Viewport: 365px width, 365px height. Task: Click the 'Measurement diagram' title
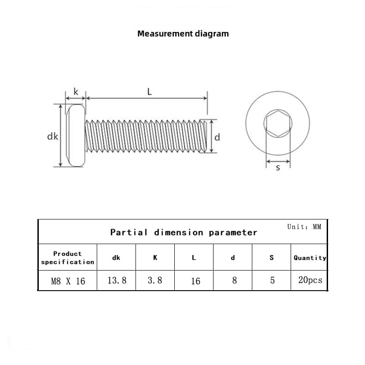(x=183, y=33)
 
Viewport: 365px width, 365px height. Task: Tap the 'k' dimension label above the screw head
(x=76, y=92)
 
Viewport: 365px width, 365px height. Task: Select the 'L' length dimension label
(x=149, y=92)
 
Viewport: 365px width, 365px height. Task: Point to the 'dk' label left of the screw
(x=53, y=136)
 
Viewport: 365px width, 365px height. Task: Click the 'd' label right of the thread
(x=217, y=137)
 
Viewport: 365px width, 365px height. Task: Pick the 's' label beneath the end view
(x=278, y=168)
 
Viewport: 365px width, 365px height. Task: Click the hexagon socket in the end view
(x=277, y=123)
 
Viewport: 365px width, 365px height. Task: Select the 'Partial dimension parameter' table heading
(x=183, y=232)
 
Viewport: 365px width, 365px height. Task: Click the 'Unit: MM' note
(x=304, y=227)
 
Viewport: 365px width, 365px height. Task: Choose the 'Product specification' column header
(x=68, y=258)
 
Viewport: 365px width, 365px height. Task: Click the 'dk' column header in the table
(x=116, y=258)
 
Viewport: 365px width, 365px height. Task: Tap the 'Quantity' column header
(x=310, y=258)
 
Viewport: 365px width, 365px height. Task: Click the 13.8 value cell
(x=117, y=281)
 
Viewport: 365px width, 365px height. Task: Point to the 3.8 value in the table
(x=155, y=281)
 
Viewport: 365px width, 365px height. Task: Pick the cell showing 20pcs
(x=310, y=280)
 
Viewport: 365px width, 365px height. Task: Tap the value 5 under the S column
(x=272, y=281)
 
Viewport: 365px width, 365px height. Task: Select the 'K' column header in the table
(x=155, y=258)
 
